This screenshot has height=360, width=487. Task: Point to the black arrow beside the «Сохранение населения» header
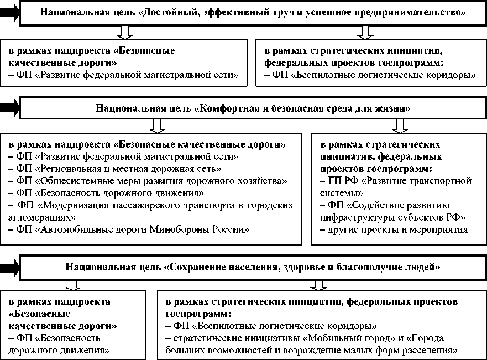coord(10,268)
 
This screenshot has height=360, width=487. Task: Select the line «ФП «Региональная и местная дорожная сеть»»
coord(124,169)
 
